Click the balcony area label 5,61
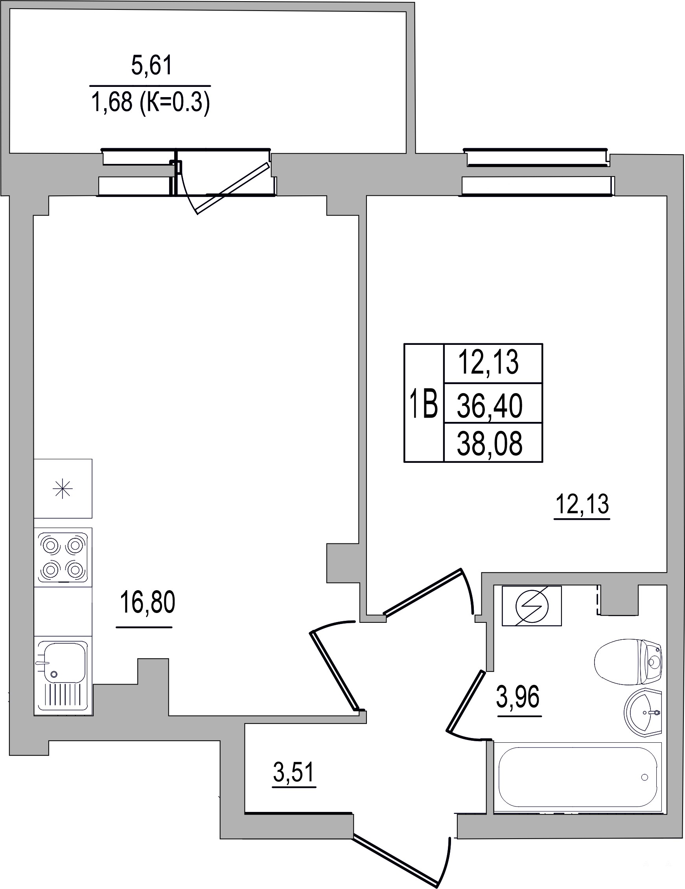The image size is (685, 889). tap(152, 66)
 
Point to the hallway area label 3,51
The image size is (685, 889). tap(294, 773)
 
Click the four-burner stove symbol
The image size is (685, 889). tap(63, 557)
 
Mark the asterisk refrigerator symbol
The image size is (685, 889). tap(63, 488)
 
